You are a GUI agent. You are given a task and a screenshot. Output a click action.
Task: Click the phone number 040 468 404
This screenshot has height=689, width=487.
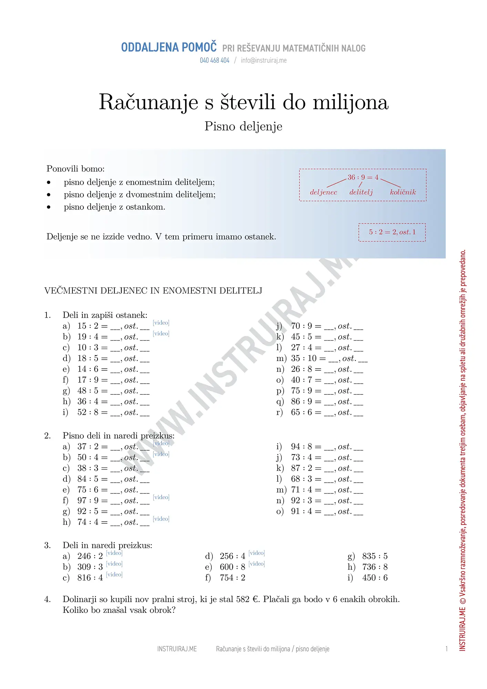pos(214,60)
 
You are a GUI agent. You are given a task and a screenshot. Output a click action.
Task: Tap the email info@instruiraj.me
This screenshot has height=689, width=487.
pos(264,60)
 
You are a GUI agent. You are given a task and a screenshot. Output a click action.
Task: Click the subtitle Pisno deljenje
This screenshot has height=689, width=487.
pos(243,126)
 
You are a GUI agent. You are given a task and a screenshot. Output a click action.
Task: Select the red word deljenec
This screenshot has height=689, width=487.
pos(323,192)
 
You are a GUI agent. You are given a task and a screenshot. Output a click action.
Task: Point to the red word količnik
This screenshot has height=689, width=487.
pos(403,192)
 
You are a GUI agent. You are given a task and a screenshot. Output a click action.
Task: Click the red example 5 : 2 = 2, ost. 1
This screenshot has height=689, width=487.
pos(392,232)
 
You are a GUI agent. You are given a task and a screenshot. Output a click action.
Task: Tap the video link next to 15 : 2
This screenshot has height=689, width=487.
pos(161,323)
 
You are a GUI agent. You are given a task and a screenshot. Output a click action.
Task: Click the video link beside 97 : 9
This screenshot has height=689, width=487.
pos(161,497)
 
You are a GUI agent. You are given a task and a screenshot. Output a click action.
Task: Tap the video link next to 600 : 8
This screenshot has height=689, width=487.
pos(257,564)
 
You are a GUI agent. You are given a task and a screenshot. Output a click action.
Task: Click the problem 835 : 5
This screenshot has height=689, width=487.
pos(375,556)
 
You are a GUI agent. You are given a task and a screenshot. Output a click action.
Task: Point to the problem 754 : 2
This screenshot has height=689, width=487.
pos(232,578)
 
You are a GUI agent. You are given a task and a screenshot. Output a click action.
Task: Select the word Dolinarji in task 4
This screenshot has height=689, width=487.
pos(80,599)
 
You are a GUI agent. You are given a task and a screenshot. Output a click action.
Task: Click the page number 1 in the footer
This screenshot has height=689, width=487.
pos(446,649)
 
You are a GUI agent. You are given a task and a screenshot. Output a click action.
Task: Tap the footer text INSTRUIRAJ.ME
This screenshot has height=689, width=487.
pos(177,649)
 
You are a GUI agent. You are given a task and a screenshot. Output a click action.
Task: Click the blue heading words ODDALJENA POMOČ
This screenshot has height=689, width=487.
pos(169,48)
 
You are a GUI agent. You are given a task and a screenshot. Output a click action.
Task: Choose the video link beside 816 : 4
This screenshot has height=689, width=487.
pos(114,575)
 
